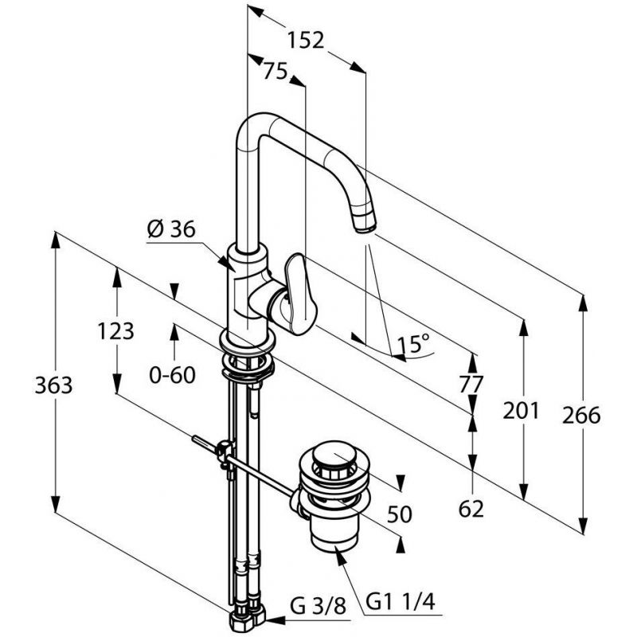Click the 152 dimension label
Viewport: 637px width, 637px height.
coord(306,40)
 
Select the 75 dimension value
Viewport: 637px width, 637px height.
coord(275,71)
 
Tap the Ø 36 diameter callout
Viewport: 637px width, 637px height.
coord(171,229)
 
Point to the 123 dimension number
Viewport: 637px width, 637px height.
coord(115,331)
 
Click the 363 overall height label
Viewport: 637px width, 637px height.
coord(53,385)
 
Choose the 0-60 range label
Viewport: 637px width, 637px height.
coord(172,375)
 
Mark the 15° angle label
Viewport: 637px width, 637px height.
coord(413,344)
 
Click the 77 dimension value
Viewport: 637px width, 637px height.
coord(471,384)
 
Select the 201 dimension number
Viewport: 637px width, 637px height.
coord(522,410)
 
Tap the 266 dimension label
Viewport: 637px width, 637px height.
coord(581,416)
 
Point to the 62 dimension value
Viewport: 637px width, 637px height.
coord(471,509)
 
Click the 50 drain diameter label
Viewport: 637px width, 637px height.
coord(400,514)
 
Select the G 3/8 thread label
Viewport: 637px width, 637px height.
coord(318,606)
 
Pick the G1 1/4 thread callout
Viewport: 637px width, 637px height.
coord(401,602)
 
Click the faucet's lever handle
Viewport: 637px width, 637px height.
coord(301,294)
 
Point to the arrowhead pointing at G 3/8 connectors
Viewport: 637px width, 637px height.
coord(274,620)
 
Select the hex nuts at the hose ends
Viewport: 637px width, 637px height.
coord(247,616)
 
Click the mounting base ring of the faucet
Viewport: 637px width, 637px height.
coord(247,338)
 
